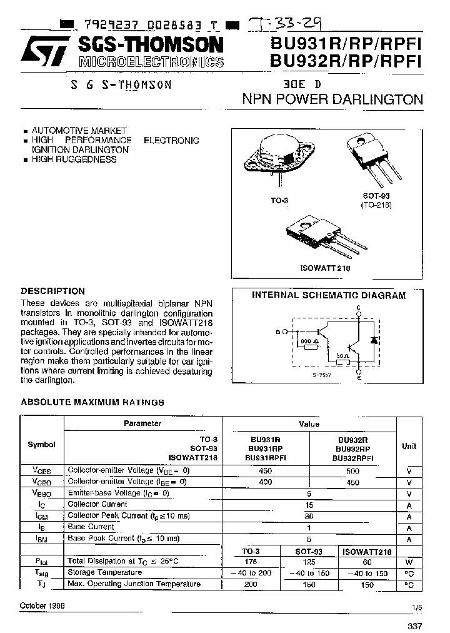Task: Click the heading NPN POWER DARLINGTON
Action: (332, 99)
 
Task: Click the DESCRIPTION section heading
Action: (53, 291)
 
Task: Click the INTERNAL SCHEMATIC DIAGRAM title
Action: (328, 295)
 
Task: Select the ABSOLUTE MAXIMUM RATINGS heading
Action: (92, 402)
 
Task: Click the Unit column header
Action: (409, 446)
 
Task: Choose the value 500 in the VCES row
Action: (352, 470)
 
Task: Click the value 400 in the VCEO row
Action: (266, 482)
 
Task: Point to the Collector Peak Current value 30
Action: (309, 516)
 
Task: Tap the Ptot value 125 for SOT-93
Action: (309, 561)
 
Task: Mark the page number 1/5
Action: (417, 607)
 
